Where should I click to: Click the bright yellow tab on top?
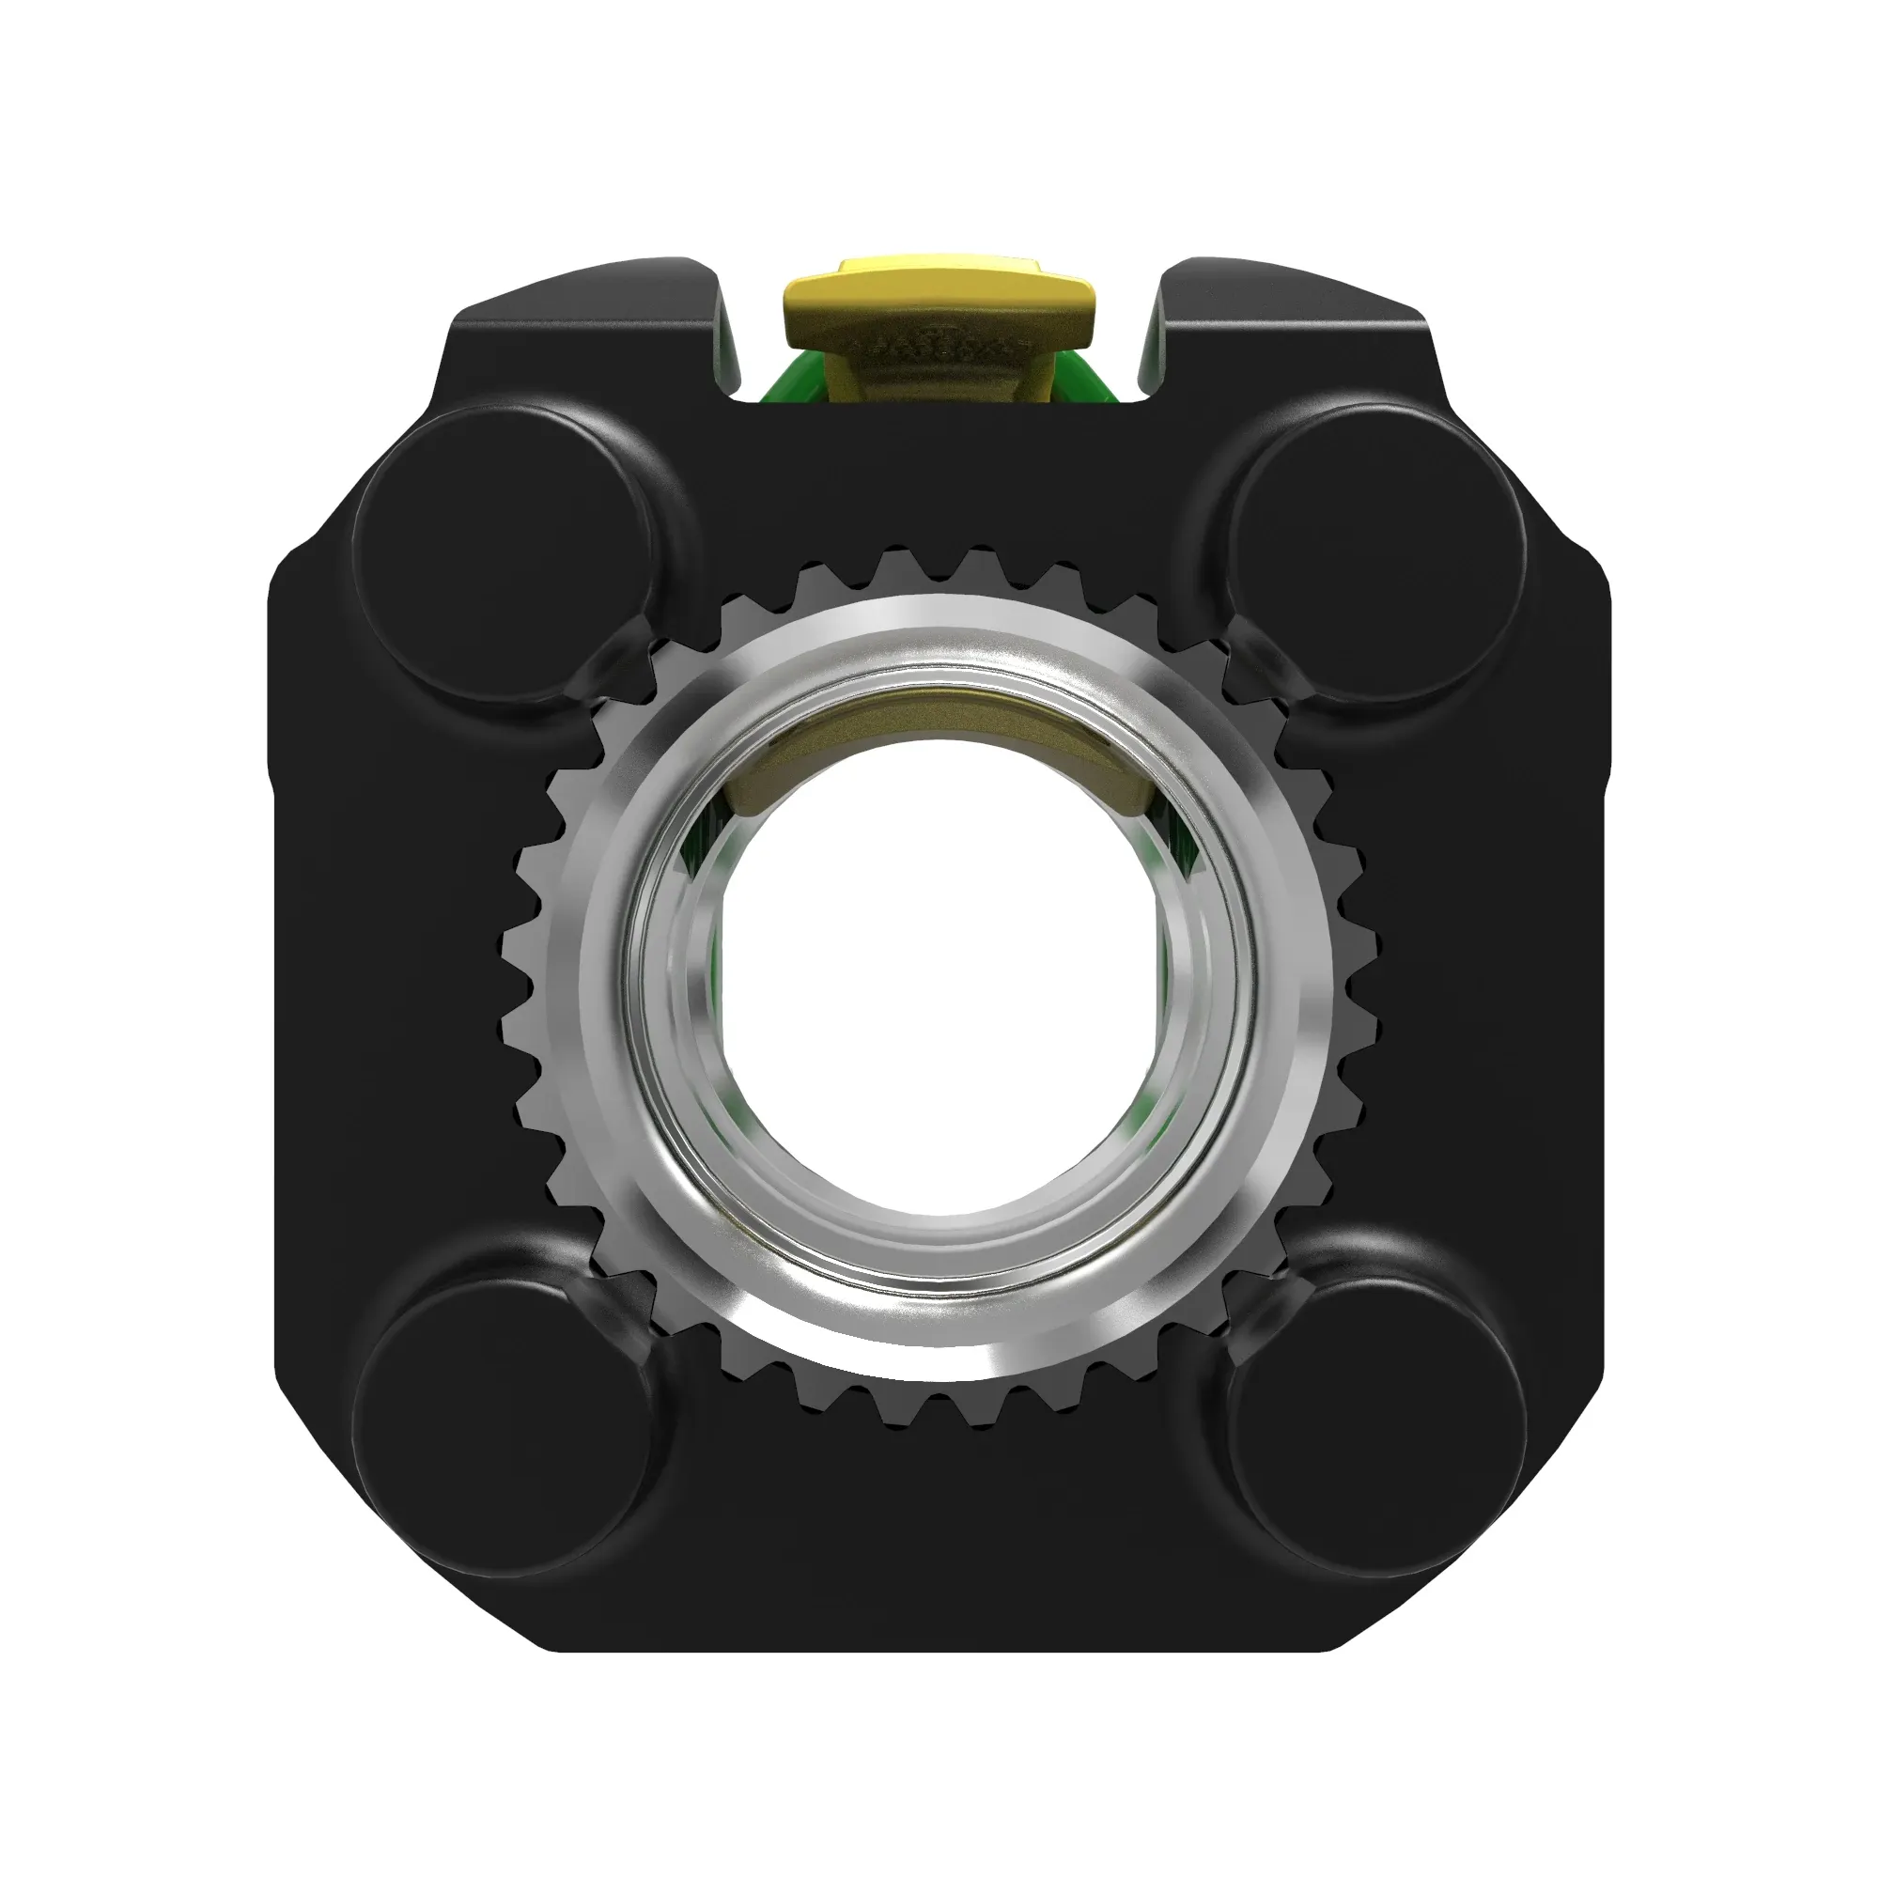click(939, 296)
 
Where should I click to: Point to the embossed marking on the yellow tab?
click(939, 345)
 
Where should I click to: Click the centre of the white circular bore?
click(939, 977)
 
